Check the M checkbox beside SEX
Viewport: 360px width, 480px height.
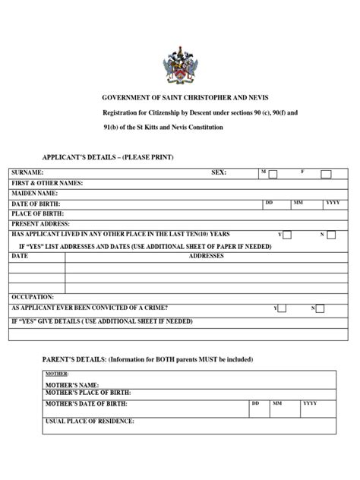pyautogui.click(x=273, y=174)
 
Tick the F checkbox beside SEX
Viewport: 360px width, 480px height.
pyautogui.click(x=326, y=174)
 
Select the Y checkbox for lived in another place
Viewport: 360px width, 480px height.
pyautogui.click(x=289, y=235)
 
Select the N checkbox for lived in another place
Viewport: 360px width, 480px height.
pyautogui.click(x=330, y=235)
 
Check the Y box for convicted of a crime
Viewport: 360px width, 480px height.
pyautogui.click(x=282, y=308)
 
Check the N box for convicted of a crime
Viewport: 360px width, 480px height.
pyautogui.click(x=320, y=308)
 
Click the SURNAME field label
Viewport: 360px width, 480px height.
pyautogui.click(x=27, y=173)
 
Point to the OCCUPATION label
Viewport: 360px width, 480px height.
pyautogui.click(x=33, y=297)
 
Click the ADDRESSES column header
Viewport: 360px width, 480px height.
pyautogui.click(x=206, y=257)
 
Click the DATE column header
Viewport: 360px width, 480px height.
pyautogui.click(x=20, y=257)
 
